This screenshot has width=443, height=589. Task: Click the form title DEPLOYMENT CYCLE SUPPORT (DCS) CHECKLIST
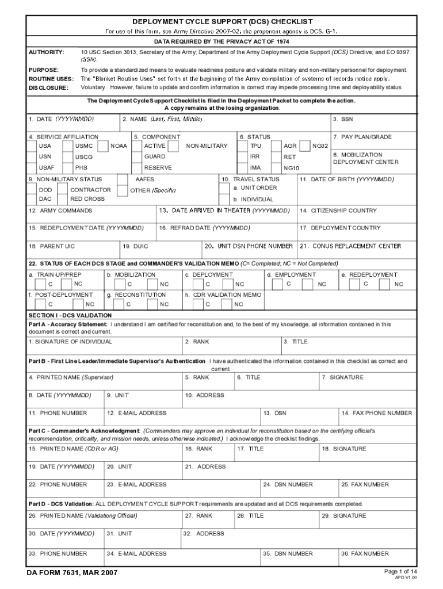coord(221,21)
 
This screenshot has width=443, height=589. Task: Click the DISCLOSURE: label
coord(48,88)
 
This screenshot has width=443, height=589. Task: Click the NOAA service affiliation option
coord(119,146)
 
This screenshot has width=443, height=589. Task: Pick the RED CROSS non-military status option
coord(87,198)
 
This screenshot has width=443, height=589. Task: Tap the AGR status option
coord(291,146)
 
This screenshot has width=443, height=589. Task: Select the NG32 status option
coord(320,146)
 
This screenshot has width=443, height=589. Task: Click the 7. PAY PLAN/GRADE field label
coord(366,137)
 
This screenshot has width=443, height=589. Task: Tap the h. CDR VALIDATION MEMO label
coord(223,294)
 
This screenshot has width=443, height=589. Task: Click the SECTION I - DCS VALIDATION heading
coord(70,315)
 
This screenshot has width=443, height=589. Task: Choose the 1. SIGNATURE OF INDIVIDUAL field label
coord(70,342)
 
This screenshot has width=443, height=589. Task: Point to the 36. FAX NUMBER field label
coord(365,553)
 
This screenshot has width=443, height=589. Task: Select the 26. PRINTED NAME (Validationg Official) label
coord(83,515)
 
